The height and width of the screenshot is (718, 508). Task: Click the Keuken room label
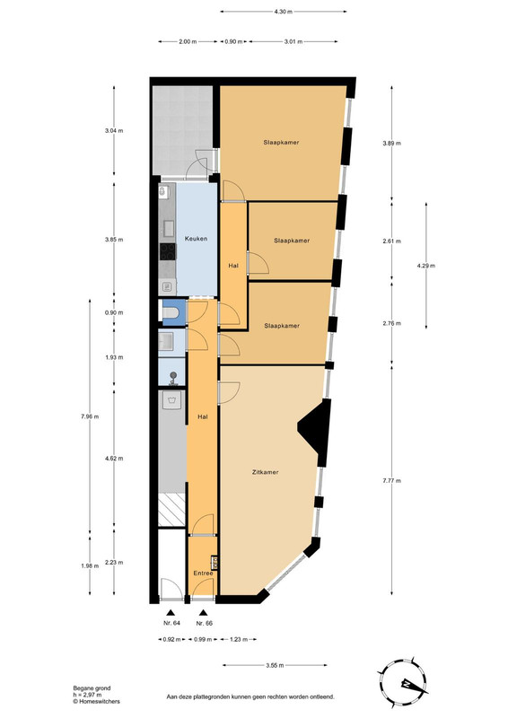196,239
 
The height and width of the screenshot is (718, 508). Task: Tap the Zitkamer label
266,472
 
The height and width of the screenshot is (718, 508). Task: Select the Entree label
203,574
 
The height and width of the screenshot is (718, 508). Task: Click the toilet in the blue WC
170,313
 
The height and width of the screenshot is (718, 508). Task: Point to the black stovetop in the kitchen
168,251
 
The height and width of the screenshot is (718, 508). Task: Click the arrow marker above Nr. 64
171,613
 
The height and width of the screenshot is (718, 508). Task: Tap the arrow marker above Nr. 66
204,613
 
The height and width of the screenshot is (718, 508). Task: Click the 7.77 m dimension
391,480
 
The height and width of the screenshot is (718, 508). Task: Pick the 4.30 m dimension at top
283,12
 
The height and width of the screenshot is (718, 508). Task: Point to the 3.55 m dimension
275,665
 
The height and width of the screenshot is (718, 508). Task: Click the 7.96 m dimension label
90,416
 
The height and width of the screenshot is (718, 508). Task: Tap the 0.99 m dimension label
203,639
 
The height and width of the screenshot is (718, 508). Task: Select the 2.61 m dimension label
391,241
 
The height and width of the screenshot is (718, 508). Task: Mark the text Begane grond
92,687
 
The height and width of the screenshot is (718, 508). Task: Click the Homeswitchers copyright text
97,701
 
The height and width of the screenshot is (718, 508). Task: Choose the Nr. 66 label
205,623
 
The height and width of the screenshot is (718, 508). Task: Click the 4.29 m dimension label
426,266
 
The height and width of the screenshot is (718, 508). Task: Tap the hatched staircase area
171,510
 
